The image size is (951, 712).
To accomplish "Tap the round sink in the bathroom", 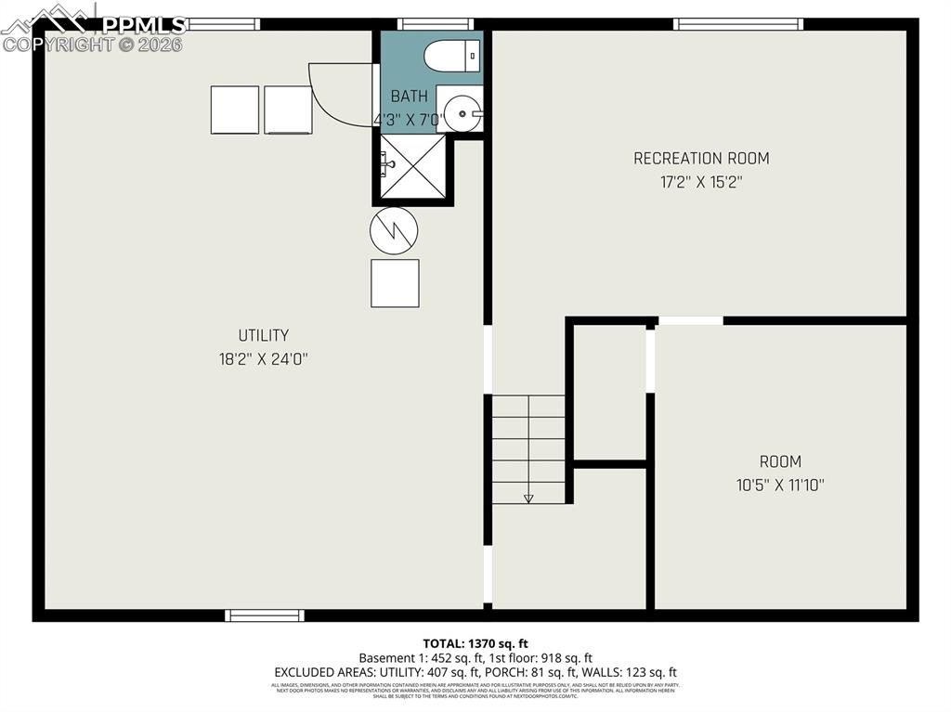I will point(462,113).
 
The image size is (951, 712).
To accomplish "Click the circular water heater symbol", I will point(394,229).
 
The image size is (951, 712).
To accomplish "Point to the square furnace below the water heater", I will point(395,283).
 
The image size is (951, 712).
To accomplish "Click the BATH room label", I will point(410,97).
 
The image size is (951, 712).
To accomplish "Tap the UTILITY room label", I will point(263,335).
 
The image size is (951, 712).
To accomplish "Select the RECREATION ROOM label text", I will point(701,159).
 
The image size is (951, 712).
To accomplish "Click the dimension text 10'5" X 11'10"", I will point(779,485).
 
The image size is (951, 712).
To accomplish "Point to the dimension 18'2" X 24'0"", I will point(263,359).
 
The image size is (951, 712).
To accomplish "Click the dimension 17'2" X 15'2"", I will point(701,183).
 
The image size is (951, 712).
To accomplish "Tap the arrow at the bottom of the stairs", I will point(528,498).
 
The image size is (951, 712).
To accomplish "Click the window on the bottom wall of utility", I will point(265,615).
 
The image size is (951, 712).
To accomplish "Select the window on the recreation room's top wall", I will point(738,24).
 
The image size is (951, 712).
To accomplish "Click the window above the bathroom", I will point(436,24).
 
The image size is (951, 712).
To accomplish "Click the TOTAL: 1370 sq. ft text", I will point(475,642).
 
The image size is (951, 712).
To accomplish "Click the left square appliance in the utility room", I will point(235,110).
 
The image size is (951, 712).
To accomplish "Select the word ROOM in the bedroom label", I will point(779,461).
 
